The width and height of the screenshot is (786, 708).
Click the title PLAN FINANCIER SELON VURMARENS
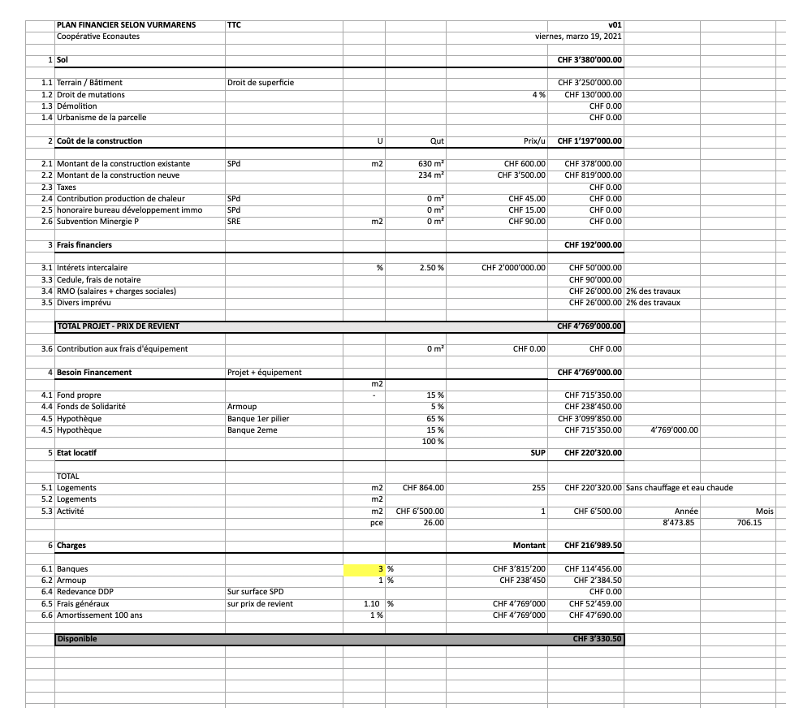coord(126,25)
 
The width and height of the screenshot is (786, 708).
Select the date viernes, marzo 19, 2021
coord(578,37)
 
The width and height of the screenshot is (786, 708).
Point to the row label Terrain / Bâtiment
coord(89,83)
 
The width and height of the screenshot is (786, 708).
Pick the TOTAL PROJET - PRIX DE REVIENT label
coord(118,326)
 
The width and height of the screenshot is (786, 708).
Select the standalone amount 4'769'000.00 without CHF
coord(674,430)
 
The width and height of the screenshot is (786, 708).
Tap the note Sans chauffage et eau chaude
coord(679,488)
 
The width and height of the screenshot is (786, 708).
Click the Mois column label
coord(764,512)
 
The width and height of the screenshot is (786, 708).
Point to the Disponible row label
coord(76,639)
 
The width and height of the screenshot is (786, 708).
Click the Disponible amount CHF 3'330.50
coord(597,639)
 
